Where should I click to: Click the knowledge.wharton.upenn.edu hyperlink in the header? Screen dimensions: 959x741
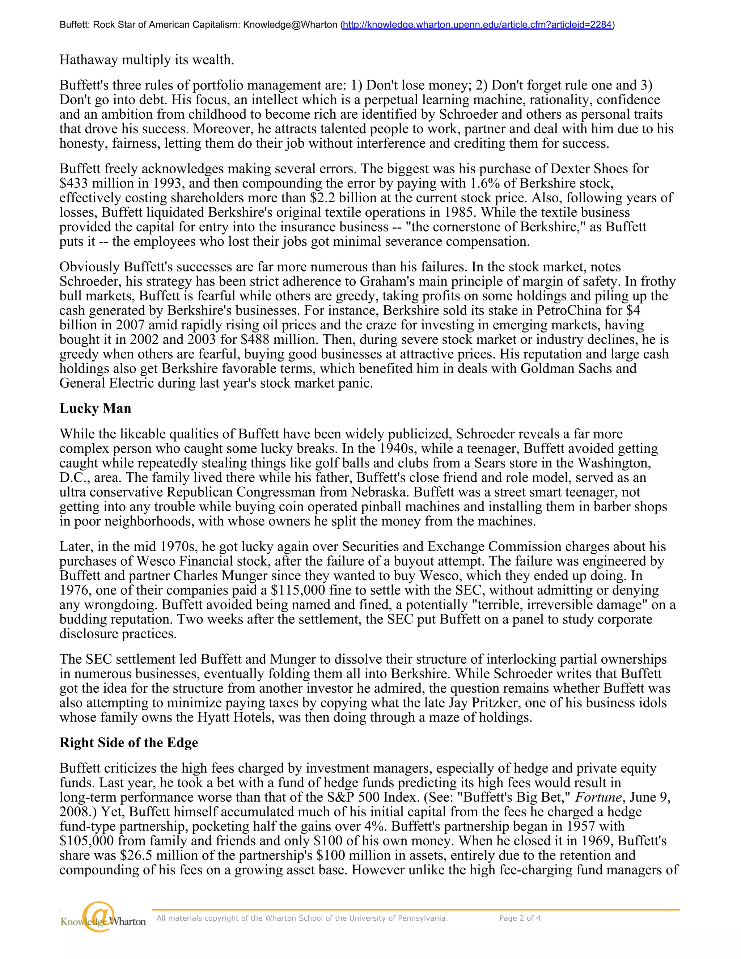coord(477,25)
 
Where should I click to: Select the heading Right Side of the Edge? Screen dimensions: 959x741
coord(128,743)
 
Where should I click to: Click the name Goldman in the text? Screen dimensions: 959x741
coord(547,368)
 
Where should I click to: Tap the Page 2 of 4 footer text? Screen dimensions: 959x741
coord(520,918)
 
